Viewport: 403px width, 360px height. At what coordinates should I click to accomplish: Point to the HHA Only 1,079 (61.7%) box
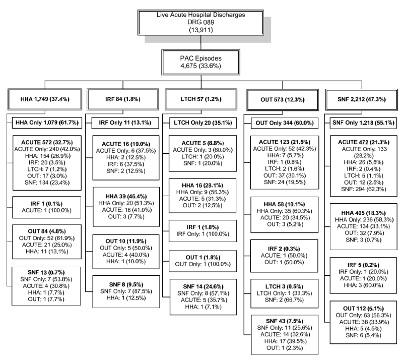[x=45, y=123]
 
